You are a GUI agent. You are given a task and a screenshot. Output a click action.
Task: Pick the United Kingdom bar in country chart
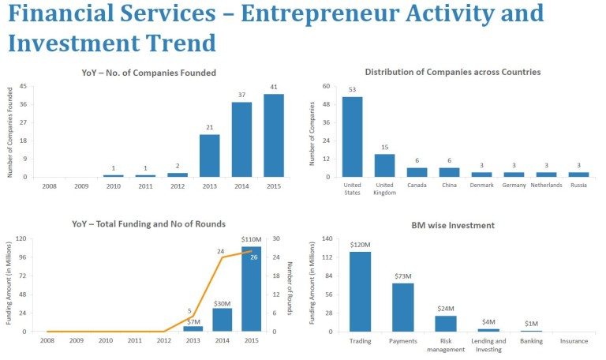point(384,165)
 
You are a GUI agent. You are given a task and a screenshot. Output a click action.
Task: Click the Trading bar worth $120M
point(360,291)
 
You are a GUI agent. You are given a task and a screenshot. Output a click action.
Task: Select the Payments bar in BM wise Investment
point(402,307)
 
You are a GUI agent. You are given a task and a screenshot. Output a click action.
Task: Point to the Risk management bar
point(445,324)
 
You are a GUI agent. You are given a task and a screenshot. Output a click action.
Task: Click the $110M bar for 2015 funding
point(251,289)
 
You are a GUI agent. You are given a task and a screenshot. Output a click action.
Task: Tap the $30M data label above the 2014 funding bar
point(222,303)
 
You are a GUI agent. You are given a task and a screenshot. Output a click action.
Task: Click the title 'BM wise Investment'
point(453,225)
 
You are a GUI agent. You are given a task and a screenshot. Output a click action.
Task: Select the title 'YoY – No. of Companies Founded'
point(148,73)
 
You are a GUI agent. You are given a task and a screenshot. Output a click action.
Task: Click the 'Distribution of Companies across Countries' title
point(453,72)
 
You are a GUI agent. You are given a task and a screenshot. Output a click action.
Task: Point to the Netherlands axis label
point(546,185)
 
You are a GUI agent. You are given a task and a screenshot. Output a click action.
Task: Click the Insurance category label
point(574,341)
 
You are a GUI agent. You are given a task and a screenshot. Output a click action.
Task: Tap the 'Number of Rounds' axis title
point(289,285)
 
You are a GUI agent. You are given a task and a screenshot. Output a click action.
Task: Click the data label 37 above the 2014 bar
point(242,95)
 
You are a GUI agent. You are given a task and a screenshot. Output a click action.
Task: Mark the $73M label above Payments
point(402,276)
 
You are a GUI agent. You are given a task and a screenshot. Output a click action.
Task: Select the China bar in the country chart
point(449,172)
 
